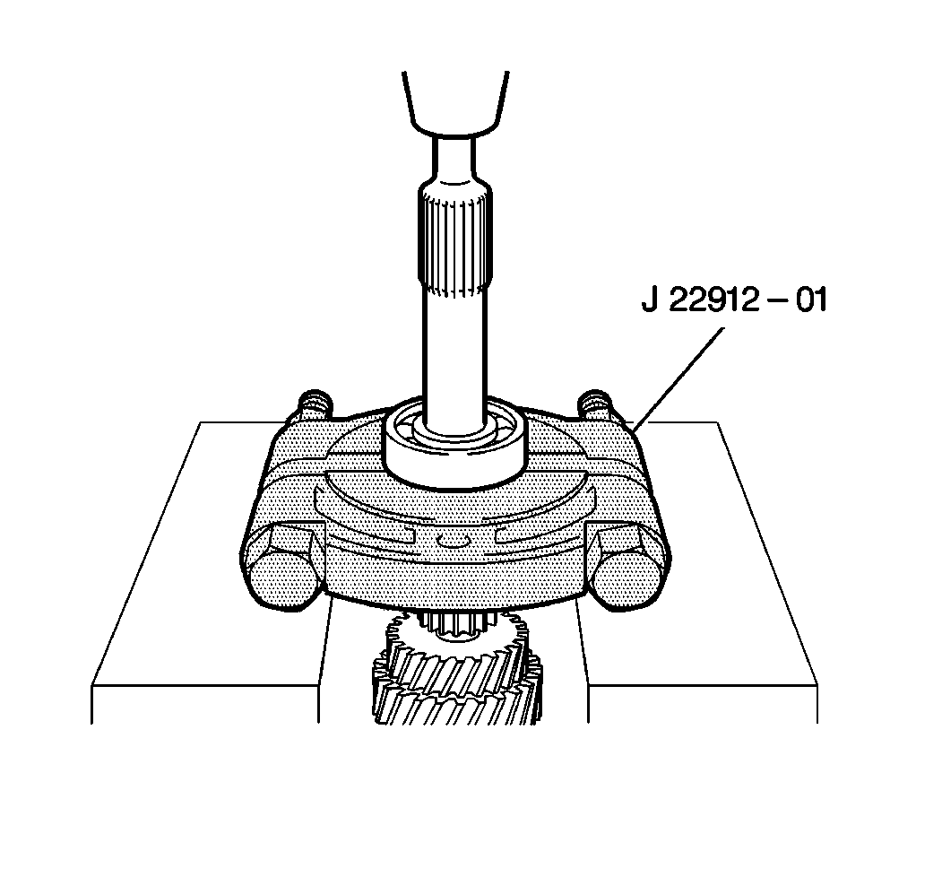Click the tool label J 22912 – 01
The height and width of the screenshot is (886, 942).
point(734,300)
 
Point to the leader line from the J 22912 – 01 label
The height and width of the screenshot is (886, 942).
point(678,378)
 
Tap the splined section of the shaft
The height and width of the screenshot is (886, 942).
point(454,241)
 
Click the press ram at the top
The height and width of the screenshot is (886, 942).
point(455,103)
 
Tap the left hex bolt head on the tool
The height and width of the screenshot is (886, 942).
point(283,566)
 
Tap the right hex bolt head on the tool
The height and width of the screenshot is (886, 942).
point(627,566)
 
